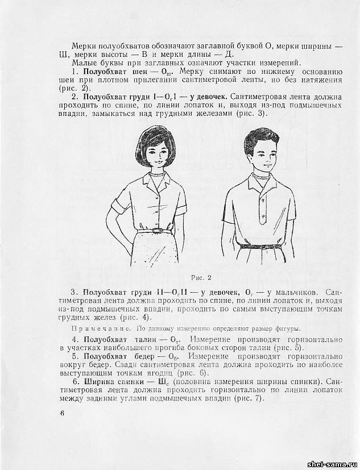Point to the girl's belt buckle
tap(158, 230)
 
